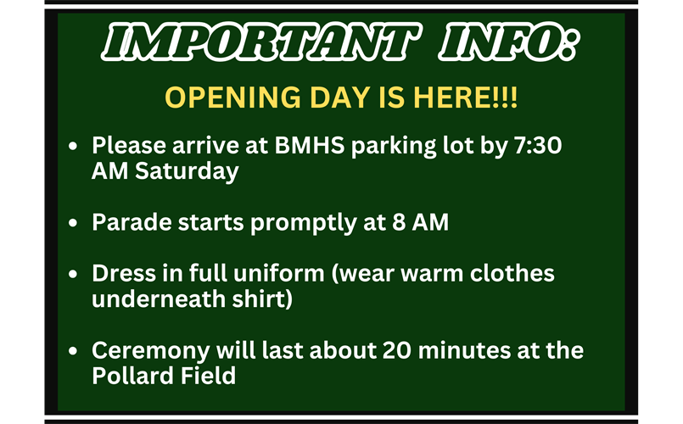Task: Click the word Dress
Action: pos(121,275)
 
